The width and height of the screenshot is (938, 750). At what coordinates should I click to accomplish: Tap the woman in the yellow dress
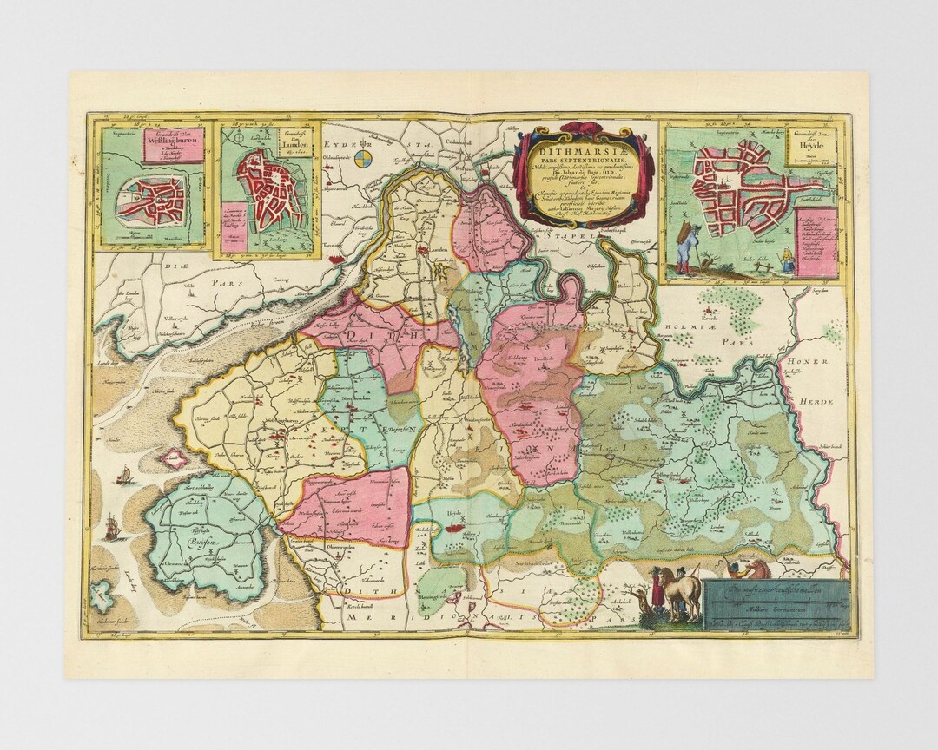coord(788,260)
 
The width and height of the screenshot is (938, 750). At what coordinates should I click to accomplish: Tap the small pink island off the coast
coord(174,458)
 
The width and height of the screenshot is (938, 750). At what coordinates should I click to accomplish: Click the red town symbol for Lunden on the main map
coord(423,252)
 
